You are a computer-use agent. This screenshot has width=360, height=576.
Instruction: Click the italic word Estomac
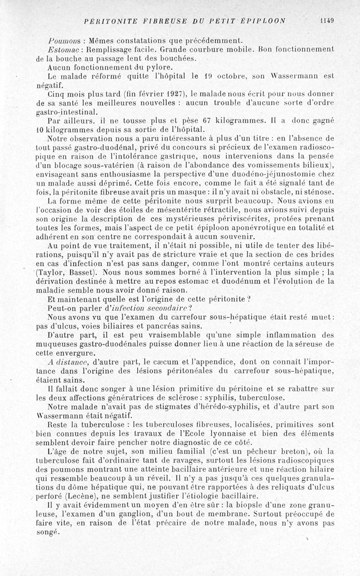pyautogui.click(x=61, y=49)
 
